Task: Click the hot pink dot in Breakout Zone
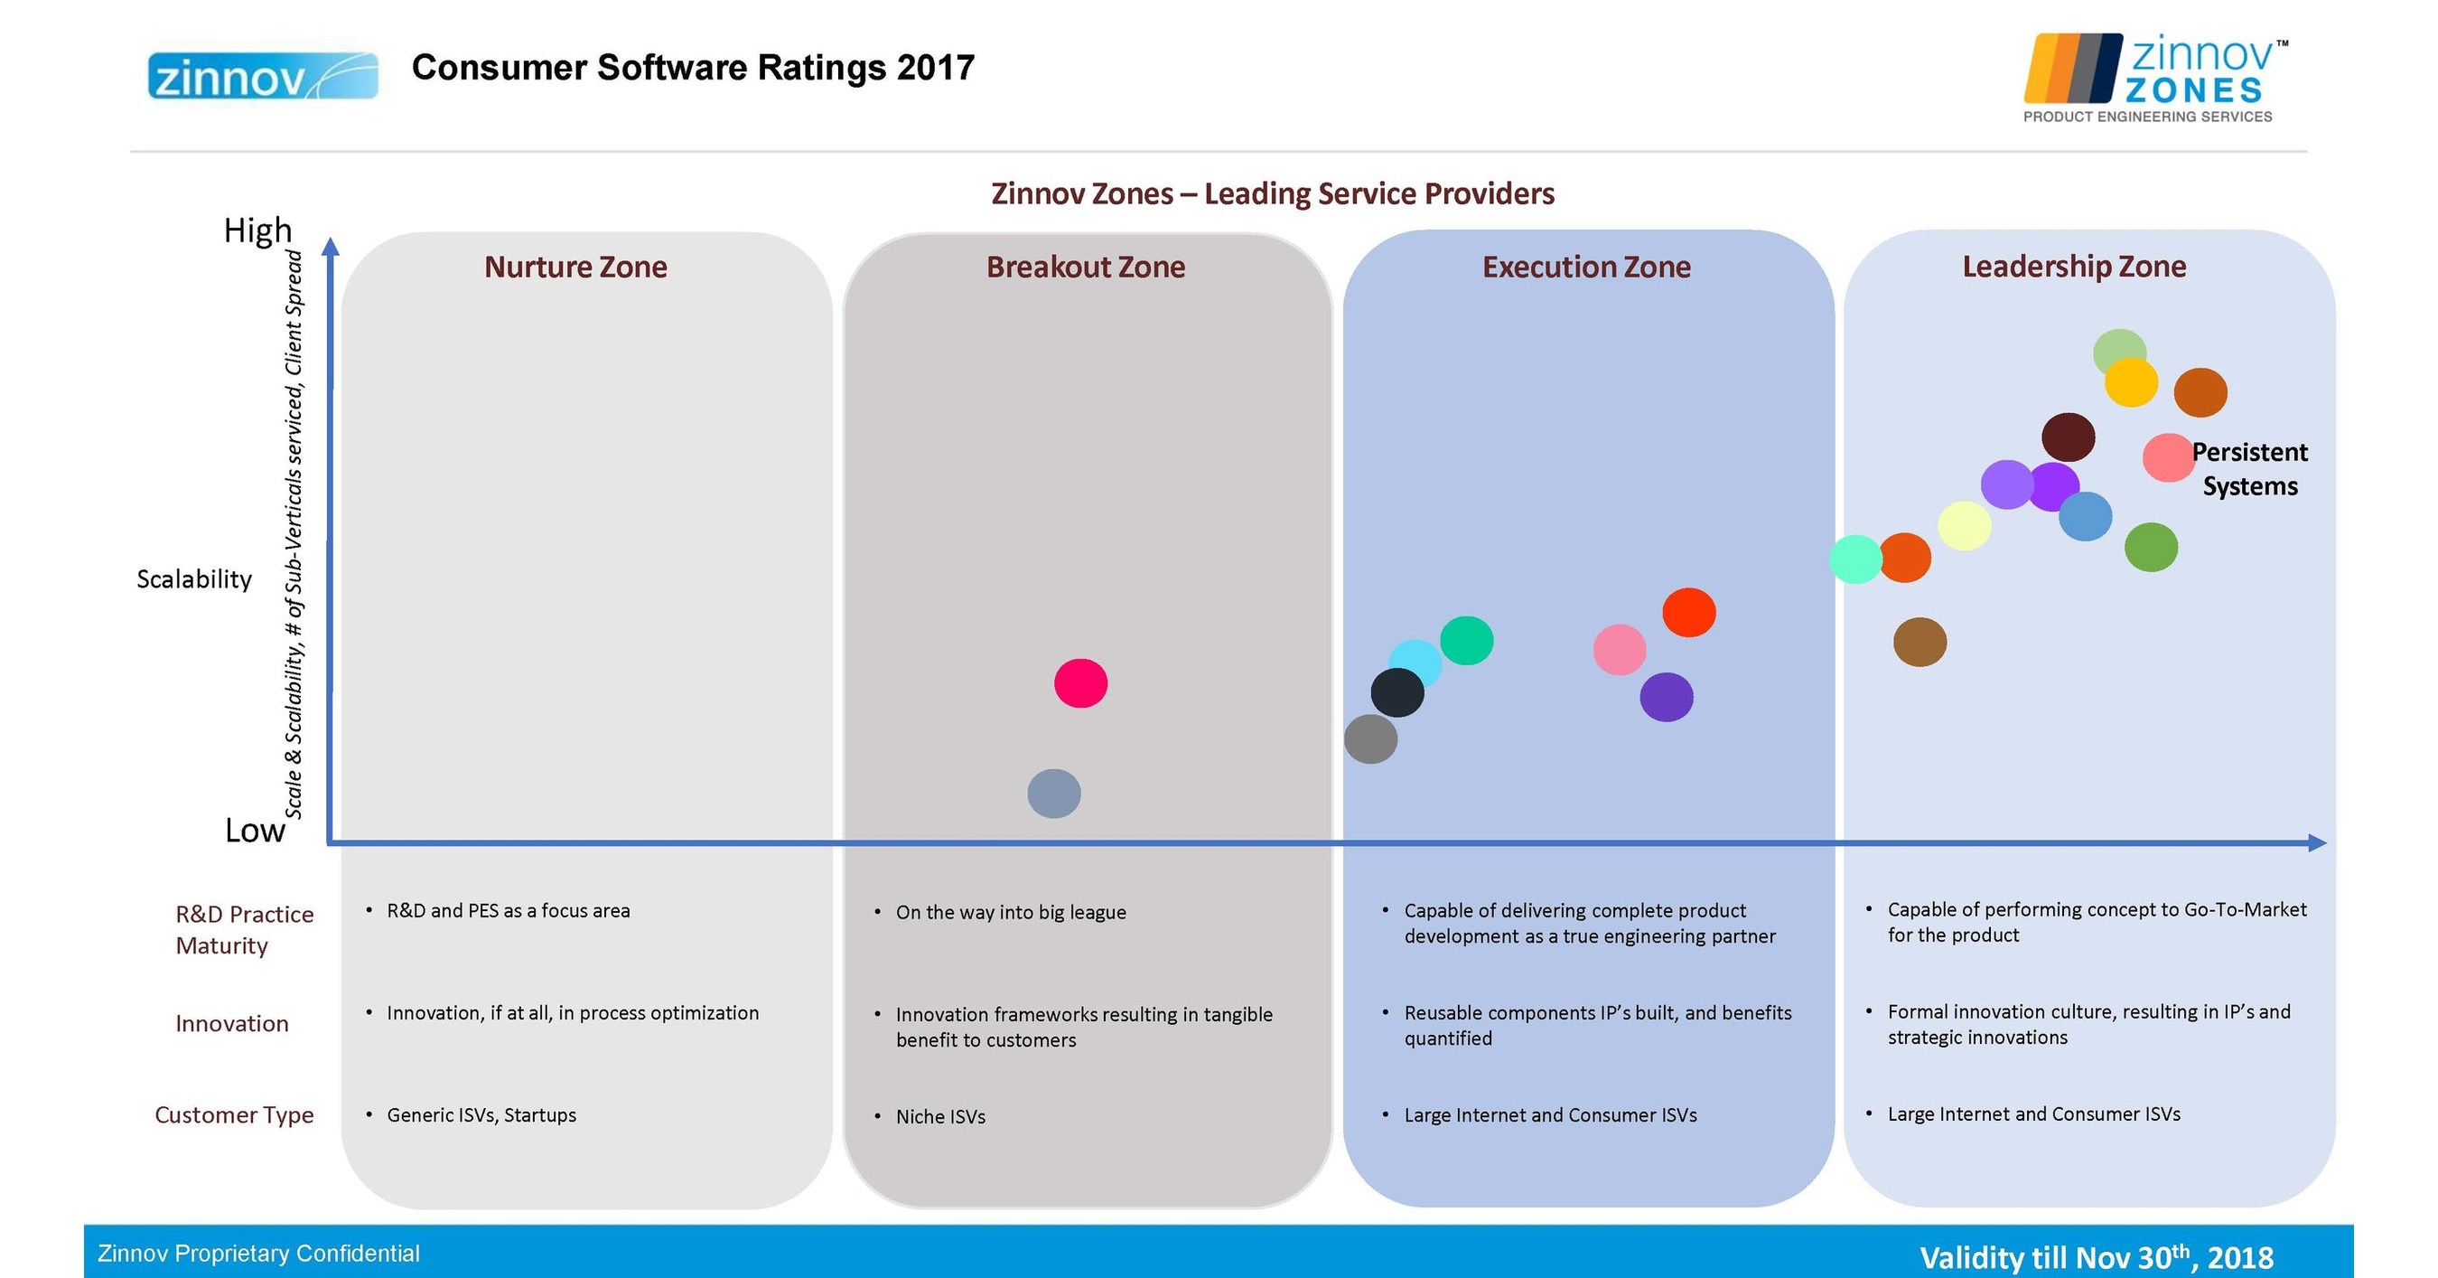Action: [x=1081, y=683]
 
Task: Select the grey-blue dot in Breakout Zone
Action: [x=1054, y=794]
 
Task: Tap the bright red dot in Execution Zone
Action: [x=1689, y=613]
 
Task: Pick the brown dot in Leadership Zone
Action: [x=1920, y=643]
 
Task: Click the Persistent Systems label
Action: [x=2249, y=468]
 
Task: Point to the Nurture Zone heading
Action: [x=575, y=267]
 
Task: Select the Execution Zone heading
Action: [x=1586, y=267]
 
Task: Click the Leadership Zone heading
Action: [x=2074, y=266]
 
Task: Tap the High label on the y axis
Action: [x=257, y=230]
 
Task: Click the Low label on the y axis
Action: [x=255, y=831]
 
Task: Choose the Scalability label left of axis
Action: [x=194, y=579]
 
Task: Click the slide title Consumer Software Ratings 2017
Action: [x=693, y=68]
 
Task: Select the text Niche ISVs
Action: [x=940, y=1117]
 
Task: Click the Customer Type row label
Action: [x=234, y=1115]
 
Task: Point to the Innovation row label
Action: [x=232, y=1023]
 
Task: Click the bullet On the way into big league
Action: [x=1011, y=913]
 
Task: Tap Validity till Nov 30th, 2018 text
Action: [x=2097, y=1257]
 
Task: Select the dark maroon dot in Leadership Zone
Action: [x=2068, y=437]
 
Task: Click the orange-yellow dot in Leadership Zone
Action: [x=2132, y=382]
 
